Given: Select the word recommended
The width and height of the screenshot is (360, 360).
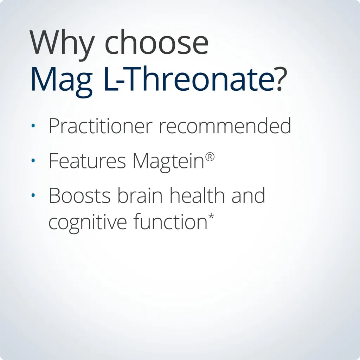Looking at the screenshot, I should point(225,126).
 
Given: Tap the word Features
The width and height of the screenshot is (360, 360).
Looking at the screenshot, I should point(87,161).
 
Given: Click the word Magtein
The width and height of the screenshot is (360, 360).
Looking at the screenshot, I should point(168,161).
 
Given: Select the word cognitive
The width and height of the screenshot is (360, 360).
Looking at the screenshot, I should point(88,223).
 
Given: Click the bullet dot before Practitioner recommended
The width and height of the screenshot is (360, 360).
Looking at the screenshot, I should point(33,126).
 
